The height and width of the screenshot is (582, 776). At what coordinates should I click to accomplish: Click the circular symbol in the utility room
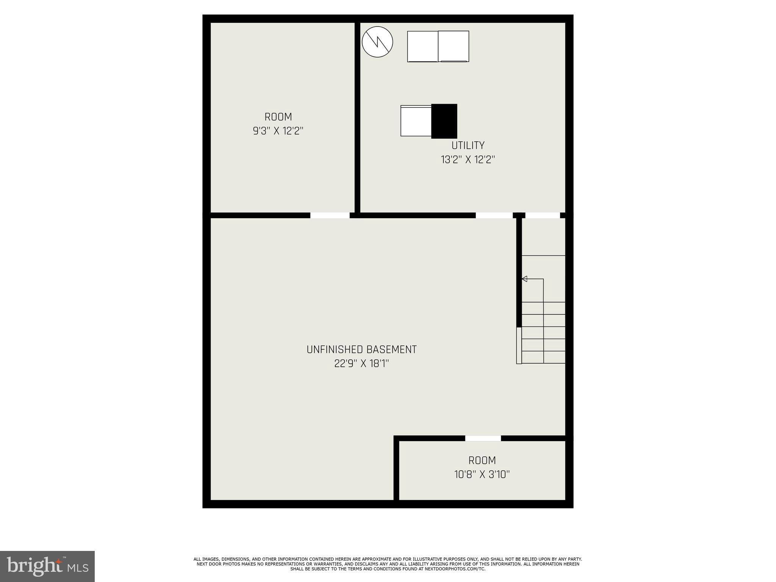tap(377, 42)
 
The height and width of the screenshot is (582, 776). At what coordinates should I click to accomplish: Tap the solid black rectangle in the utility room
tap(444, 121)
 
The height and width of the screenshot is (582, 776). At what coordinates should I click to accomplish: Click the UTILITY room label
tap(468, 145)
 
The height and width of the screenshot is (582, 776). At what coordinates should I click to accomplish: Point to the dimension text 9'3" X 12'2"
tap(278, 131)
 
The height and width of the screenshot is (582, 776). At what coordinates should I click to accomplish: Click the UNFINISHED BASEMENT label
tap(361, 350)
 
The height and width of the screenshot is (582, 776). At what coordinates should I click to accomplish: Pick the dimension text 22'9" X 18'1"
tap(361, 364)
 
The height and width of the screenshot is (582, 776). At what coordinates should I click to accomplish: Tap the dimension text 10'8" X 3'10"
tap(482, 474)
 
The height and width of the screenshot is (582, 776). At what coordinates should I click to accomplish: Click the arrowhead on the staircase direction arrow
tap(524, 279)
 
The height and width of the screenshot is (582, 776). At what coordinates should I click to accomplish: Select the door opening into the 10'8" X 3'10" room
tap(483, 438)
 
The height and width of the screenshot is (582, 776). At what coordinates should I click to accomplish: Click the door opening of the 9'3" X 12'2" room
tap(330, 216)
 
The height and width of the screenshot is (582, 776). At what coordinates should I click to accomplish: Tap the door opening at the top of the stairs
tap(543, 216)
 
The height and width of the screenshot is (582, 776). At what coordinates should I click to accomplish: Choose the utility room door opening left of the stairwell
tap(494, 216)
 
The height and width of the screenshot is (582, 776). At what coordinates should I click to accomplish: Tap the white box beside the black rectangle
tap(416, 121)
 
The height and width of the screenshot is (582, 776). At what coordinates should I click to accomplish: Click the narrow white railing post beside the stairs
tap(519, 346)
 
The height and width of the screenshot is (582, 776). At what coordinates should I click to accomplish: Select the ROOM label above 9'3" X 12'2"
tap(278, 117)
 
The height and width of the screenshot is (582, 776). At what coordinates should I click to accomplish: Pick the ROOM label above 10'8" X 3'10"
tap(482, 460)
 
